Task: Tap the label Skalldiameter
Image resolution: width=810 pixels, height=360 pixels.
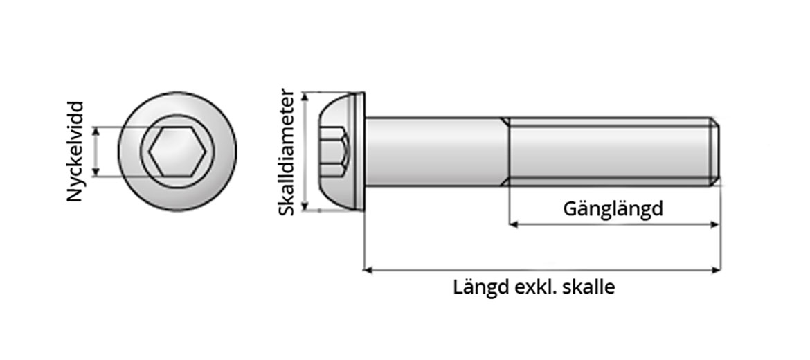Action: point(287,152)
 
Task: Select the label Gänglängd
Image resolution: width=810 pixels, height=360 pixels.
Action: point(613,208)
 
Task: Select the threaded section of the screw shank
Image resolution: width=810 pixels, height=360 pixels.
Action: point(609,151)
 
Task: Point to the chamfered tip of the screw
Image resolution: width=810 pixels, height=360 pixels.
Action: point(716,151)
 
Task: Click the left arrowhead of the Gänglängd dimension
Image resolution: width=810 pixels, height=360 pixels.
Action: point(514,224)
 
